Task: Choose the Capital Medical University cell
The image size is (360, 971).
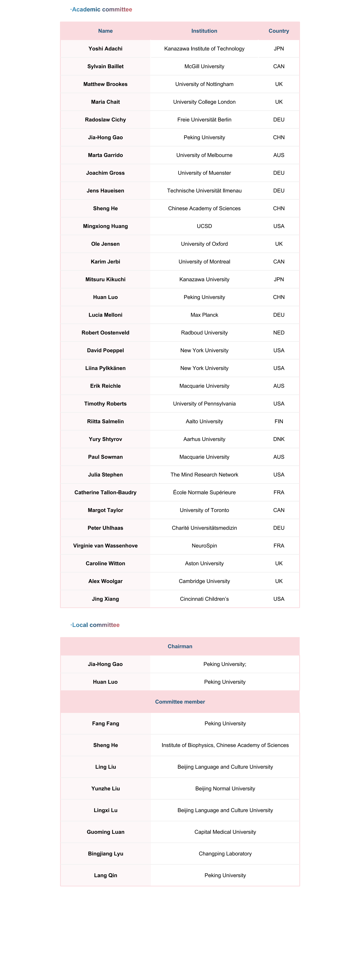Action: (225, 832)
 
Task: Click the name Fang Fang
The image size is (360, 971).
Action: (106, 723)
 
